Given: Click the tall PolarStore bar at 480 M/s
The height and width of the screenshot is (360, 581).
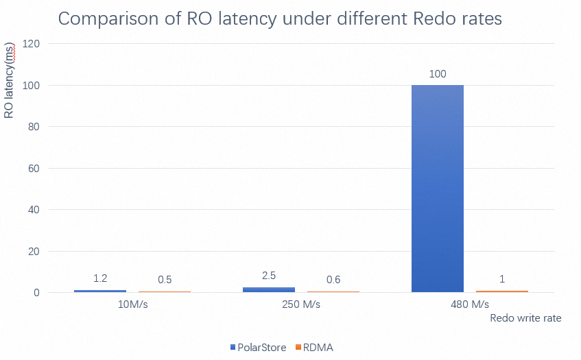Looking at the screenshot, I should click(438, 189).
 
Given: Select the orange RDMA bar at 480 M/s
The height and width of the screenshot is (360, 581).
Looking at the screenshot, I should click(502, 291).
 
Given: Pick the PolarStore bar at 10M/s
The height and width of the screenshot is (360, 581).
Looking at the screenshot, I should click(100, 291).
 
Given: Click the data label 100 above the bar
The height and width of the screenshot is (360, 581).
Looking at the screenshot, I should click(438, 74).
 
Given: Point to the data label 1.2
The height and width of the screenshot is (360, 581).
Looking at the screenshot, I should click(100, 278).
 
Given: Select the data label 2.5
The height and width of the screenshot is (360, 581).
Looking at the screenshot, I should click(269, 276).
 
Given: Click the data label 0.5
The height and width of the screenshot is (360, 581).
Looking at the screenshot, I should click(165, 280).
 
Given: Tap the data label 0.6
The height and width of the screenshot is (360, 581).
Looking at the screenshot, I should click(333, 280).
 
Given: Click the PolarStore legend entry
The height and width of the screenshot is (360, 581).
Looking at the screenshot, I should click(258, 348).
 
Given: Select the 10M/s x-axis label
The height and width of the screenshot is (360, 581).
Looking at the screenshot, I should click(132, 304).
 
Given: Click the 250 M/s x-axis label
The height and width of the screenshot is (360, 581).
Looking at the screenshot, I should click(301, 304).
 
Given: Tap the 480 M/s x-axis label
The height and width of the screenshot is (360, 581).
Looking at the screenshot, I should click(470, 304).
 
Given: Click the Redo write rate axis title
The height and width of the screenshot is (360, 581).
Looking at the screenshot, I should click(525, 318).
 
